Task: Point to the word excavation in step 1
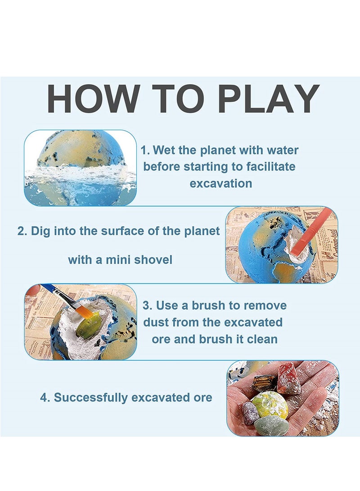220,184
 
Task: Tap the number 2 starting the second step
21,231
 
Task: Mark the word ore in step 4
203,398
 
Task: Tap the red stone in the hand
288,379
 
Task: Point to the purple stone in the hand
250,412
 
